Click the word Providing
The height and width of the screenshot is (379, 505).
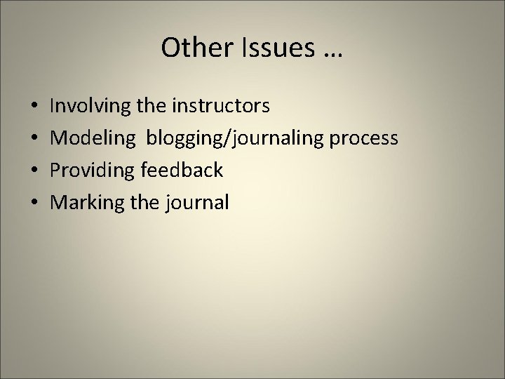pos(95,171)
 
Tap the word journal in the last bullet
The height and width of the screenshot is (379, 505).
pos(198,203)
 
